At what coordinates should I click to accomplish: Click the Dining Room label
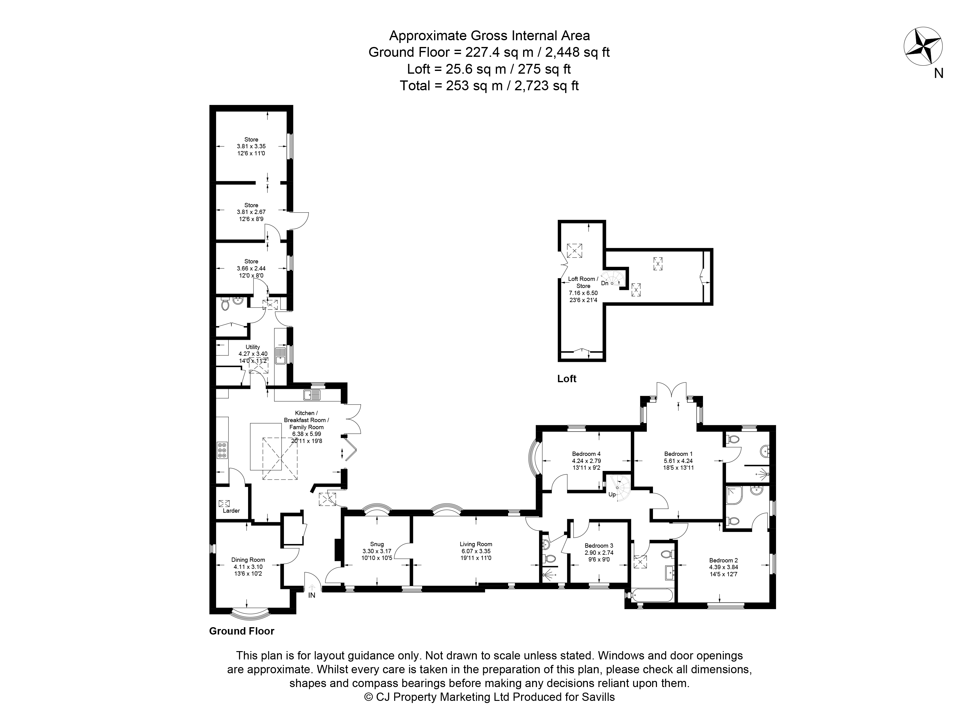coord(248,560)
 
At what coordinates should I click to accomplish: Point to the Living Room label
coord(476,544)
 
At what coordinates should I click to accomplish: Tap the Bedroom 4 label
coord(586,454)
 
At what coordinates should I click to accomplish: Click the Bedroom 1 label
coord(678,454)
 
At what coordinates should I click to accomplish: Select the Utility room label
coord(253,347)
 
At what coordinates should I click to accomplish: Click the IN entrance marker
coord(312,595)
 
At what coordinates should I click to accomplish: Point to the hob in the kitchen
coord(222,450)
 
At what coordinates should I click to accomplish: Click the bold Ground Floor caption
coord(242,631)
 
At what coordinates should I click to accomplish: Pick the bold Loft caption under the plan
coord(567,379)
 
